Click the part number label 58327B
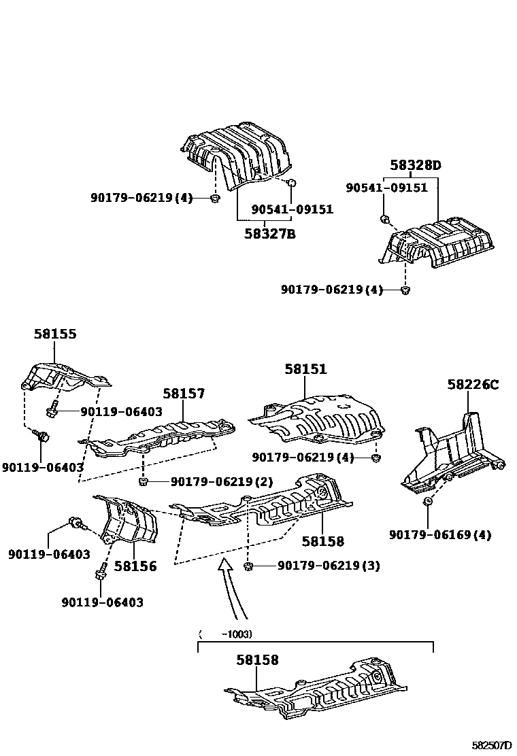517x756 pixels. [270, 234]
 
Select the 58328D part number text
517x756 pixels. [415, 165]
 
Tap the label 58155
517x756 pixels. [55, 334]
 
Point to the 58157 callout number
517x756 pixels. [184, 394]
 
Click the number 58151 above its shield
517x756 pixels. [305, 369]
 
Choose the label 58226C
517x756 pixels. [473, 385]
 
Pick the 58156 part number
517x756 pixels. [135, 566]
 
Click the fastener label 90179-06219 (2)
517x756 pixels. [221, 482]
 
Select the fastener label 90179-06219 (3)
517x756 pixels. [329, 566]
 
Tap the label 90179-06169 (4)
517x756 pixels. [440, 535]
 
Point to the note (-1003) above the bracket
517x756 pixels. [226, 634]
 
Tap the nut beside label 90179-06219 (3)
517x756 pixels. [248, 566]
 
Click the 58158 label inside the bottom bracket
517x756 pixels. [258, 659]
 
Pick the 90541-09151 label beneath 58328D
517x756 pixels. [387, 188]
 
